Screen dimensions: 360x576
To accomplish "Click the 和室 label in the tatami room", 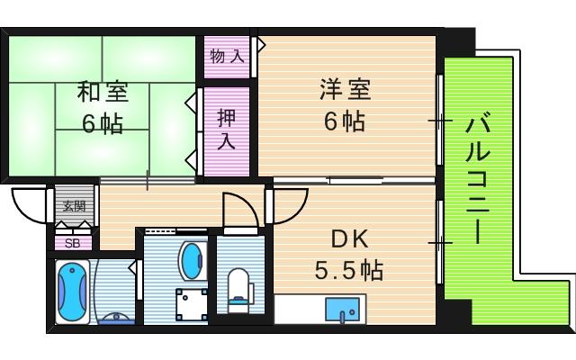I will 101,92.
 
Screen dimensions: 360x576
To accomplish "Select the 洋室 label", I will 344,90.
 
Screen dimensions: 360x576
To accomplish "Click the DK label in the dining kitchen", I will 348,239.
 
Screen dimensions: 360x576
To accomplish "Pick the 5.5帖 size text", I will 348,269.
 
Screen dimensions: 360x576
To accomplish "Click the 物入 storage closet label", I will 227,57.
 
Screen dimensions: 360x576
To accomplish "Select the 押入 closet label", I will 226,129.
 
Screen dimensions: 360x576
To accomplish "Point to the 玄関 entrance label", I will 74,205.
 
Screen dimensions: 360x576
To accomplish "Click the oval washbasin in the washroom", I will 193,260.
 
